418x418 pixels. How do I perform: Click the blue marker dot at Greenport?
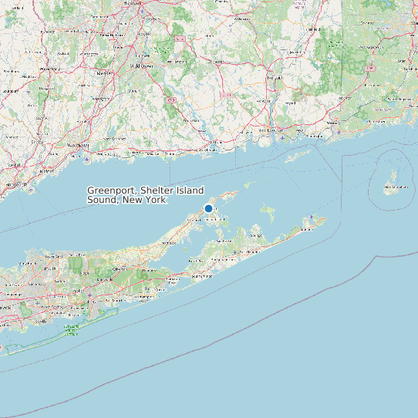tap(208, 208)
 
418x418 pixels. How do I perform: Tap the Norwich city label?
tap(274, 78)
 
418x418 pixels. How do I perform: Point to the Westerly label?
tap(335, 122)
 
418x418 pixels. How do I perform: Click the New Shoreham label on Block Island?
tap(396, 186)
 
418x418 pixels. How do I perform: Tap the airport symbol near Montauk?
tap(311, 218)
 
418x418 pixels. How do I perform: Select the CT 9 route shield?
tap(170, 99)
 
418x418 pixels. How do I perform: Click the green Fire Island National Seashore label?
tap(72, 330)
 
